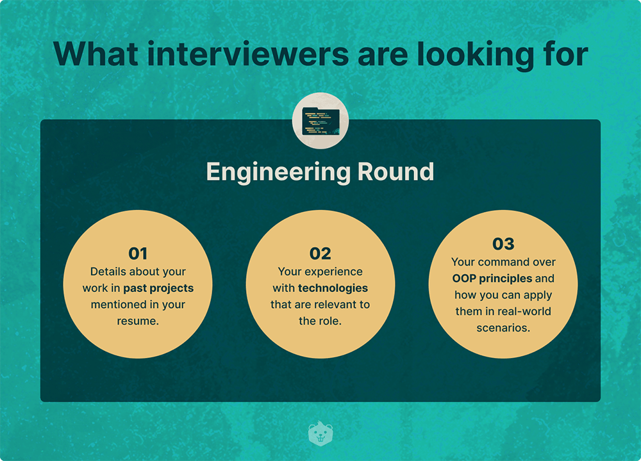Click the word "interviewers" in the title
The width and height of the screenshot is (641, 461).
click(248, 54)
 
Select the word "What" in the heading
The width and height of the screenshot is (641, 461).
click(96, 54)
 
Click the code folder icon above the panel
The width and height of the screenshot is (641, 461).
click(320, 121)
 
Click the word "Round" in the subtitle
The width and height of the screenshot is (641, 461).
click(395, 172)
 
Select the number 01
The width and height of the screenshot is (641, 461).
click(138, 254)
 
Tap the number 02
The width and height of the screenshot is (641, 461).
click(320, 254)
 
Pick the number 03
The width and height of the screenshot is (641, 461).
click(503, 244)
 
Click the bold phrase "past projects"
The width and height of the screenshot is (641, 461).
click(158, 288)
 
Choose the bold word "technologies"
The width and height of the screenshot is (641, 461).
click(333, 288)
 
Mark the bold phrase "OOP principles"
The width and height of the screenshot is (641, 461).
click(492, 279)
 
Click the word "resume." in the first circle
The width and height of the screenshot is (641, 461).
click(138, 321)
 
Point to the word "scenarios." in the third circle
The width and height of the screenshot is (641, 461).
click(503, 328)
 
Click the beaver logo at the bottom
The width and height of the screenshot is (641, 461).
click(320, 433)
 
